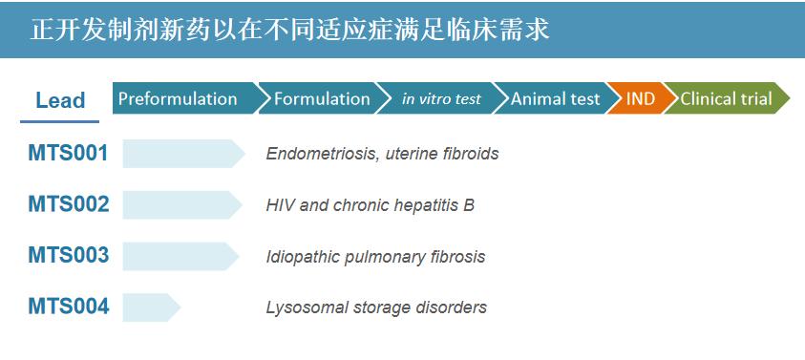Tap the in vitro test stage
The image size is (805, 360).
pyautogui.click(x=441, y=98)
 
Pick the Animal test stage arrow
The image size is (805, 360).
pyautogui.click(x=556, y=98)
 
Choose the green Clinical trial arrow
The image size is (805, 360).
pyautogui.click(x=727, y=98)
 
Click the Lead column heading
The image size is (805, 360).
pyautogui.click(x=60, y=100)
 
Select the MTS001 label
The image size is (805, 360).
pyautogui.click(x=68, y=153)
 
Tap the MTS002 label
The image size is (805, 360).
pyautogui.click(x=69, y=204)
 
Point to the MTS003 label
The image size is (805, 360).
pyautogui.click(x=69, y=255)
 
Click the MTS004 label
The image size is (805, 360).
pyautogui.click(x=69, y=307)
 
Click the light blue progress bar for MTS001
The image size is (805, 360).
pyautogui.click(x=183, y=154)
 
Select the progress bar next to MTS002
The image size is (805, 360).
pyautogui.click(x=182, y=205)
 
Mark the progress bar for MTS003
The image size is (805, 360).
pyautogui.click(x=180, y=256)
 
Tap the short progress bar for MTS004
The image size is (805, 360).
pyautogui.click(x=152, y=307)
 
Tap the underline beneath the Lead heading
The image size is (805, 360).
pyautogui.click(x=59, y=121)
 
